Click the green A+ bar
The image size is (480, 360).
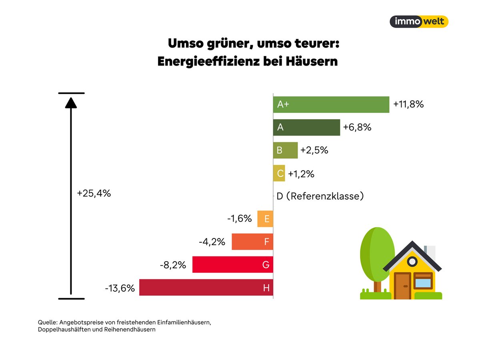[331, 104]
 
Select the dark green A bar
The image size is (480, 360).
[306, 127]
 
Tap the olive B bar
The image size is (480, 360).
[285, 150]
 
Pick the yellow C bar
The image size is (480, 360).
[279, 173]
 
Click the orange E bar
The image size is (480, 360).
[265, 219]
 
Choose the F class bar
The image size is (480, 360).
[252, 242]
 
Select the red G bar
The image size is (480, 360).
[232, 264]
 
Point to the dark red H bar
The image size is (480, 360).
[206, 287]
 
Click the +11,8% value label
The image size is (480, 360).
[408, 104]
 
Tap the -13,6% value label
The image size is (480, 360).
[120, 288]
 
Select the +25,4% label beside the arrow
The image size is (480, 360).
[94, 193]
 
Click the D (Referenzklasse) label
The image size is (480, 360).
[320, 196]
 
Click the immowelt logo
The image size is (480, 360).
[419, 22]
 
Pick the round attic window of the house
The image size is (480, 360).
[412, 262]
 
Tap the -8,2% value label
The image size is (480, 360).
[173, 264]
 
